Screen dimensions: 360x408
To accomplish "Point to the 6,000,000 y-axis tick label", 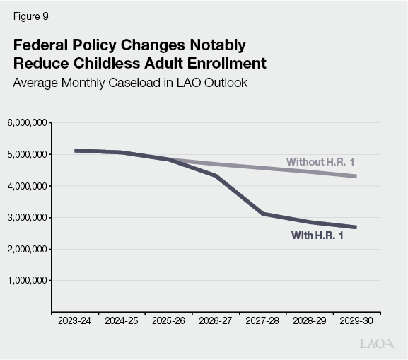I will (28, 123).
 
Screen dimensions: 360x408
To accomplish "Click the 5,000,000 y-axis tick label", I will (28, 154).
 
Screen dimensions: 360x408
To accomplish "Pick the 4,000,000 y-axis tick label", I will (28, 186).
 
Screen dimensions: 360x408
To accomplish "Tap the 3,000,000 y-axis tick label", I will (28, 218).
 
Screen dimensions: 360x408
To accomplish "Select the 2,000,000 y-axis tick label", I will (28, 249).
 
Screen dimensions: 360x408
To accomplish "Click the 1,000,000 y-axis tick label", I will (28, 281).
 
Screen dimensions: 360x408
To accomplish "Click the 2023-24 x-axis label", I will (75, 320).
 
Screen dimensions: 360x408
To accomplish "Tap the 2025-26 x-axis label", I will (169, 320).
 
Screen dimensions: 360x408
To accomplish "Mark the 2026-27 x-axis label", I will (216, 320).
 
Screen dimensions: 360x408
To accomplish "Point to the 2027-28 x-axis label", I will (263, 320).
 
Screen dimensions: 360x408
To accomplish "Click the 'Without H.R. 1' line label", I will (320, 162).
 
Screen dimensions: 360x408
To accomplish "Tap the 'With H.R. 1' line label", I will (317, 236).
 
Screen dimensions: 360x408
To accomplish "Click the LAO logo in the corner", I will (375, 344).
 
